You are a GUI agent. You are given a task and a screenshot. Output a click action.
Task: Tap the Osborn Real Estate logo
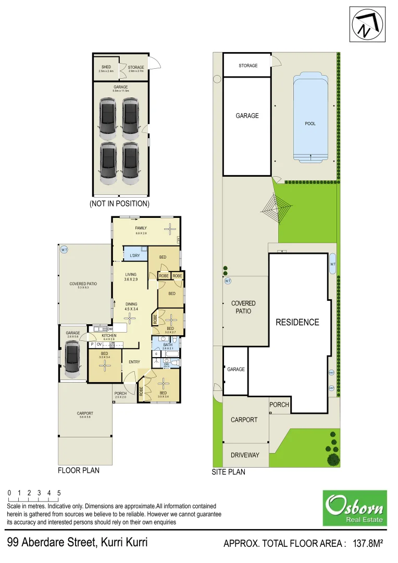pos(354,508)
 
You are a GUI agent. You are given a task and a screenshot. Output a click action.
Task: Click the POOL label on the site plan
pos(310,124)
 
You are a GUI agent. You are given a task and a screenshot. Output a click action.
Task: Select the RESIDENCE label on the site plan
pos(297,322)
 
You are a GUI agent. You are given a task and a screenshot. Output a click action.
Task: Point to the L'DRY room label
pos(135,255)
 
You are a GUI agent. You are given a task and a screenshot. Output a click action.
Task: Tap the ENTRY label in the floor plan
pos(134,362)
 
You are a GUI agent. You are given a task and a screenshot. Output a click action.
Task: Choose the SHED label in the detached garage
pos(106,67)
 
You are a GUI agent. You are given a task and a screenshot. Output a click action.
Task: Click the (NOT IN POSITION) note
pos(119,203)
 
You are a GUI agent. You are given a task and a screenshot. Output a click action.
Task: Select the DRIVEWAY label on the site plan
pos(245,455)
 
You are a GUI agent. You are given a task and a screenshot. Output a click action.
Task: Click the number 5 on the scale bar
pos(59,493)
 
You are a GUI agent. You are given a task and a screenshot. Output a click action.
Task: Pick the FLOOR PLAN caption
pos(79,470)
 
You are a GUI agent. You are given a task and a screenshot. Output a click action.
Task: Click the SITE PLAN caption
pos(228,472)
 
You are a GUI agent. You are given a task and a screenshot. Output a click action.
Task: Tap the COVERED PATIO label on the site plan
pos(243,307)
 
